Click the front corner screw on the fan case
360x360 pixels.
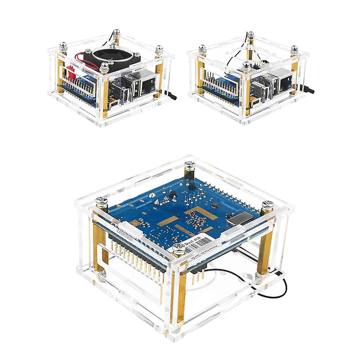pos(104,66)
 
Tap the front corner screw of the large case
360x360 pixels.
pos(179,250)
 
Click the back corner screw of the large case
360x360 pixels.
pos(189,165)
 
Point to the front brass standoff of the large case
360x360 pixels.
pos(181,295)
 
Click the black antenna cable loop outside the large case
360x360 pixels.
pos(281,288)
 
